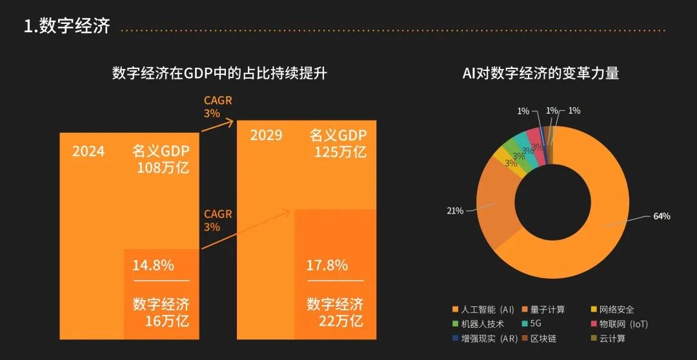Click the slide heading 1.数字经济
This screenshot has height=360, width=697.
pyautogui.click(x=66, y=26)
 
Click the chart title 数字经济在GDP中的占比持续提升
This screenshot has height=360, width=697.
pyautogui.click(x=219, y=73)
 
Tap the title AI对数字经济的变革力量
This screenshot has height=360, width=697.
pyautogui.click(x=541, y=73)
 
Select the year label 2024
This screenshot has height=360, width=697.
pyautogui.click(x=88, y=152)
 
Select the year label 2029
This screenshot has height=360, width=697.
pyautogui.click(x=267, y=135)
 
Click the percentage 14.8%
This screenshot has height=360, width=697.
pyautogui.click(x=153, y=265)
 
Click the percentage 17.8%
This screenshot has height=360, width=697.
pyautogui.click(x=327, y=265)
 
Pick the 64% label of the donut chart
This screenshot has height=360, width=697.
pyautogui.click(x=662, y=216)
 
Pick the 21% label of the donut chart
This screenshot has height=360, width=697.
pyautogui.click(x=455, y=211)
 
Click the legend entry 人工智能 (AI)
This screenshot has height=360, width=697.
pyautogui.click(x=487, y=310)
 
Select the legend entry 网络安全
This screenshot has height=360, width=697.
pyautogui.click(x=616, y=310)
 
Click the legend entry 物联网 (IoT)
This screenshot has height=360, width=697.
pyautogui.click(x=623, y=324)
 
